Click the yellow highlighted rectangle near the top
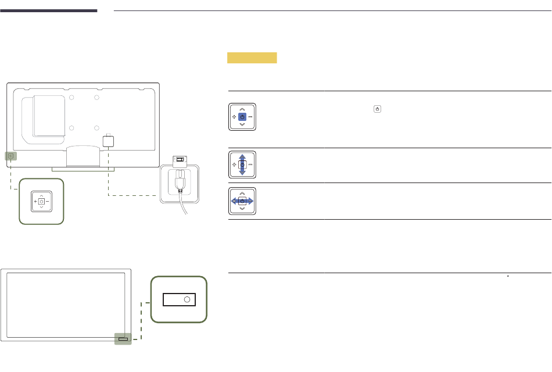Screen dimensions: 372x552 (252, 58)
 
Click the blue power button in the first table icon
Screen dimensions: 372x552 (242, 117)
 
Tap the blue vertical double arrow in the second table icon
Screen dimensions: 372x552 (242, 165)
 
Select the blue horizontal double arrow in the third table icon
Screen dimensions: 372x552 (242, 201)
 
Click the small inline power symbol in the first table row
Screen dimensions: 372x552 (378, 109)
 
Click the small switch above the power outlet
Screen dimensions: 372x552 (181, 160)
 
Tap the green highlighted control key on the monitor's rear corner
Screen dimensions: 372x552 (12, 156)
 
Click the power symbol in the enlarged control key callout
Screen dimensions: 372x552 (41, 201)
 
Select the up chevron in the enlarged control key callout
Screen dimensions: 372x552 (41, 195)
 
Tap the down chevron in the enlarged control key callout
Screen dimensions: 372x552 (41, 208)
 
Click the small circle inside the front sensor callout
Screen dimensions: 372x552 (187, 299)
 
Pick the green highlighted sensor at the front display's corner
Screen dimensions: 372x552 (123, 339)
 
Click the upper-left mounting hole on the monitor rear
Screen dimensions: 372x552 (71, 98)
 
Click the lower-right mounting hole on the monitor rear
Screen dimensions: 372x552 (97, 128)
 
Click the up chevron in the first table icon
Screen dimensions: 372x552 (242, 109)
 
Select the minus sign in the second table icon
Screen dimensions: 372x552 (250, 165)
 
